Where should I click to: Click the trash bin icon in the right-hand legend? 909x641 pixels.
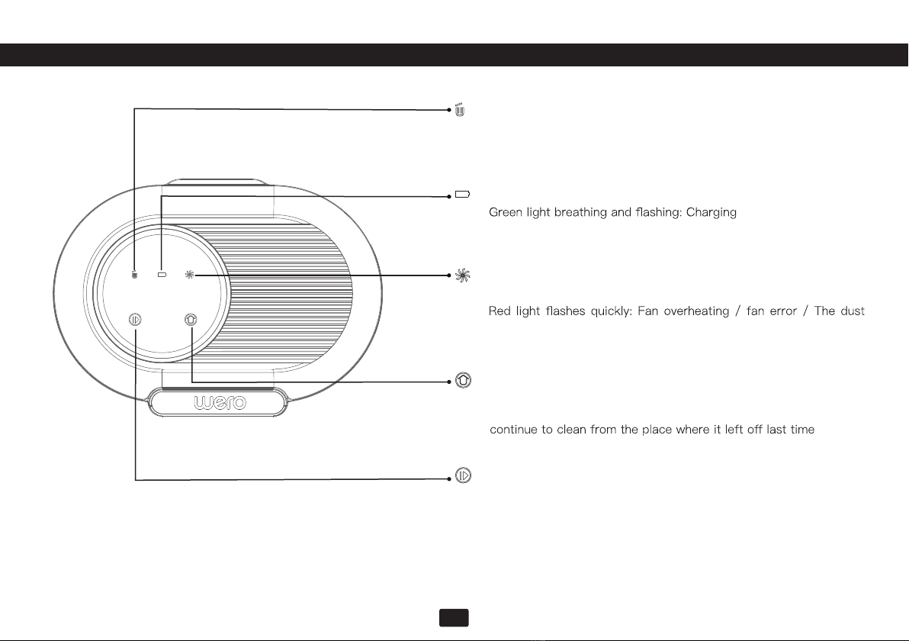[460, 110]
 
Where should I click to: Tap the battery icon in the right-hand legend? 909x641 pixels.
[463, 195]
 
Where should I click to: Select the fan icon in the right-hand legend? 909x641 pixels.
[463, 275]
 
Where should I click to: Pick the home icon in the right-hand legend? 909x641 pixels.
[463, 380]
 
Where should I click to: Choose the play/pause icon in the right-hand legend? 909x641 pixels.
[463, 475]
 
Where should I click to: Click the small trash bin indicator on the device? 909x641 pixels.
[134, 275]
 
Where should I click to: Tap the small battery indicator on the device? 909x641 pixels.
[162, 275]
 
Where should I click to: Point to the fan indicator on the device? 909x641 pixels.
[190, 275]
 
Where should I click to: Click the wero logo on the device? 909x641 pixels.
[220, 402]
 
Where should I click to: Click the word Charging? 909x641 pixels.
[711, 212]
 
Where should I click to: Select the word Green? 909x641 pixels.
[506, 212]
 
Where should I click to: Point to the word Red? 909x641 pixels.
[499, 311]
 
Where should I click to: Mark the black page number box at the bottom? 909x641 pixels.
[454, 618]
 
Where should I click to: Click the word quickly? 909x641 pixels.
[611, 311]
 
